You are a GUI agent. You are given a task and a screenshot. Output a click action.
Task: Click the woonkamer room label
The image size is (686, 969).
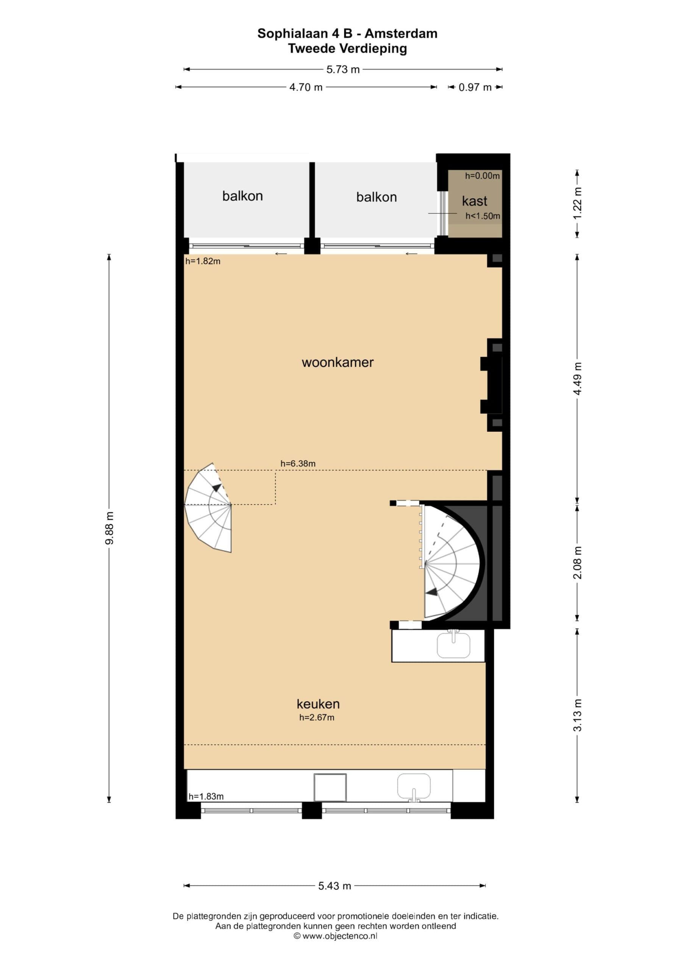coord(338,363)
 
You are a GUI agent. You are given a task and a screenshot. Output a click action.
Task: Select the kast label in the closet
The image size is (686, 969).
coord(474,201)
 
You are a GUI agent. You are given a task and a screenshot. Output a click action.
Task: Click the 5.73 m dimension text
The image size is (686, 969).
coord(343,70)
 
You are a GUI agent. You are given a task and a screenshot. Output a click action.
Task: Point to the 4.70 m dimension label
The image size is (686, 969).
coord(306,87)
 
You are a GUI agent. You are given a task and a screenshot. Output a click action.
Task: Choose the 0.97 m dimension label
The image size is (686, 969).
coord(475,87)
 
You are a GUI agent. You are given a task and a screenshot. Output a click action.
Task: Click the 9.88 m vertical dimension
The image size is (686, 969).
coord(109,528)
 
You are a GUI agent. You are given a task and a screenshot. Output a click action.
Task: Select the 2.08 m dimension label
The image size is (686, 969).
coord(577,562)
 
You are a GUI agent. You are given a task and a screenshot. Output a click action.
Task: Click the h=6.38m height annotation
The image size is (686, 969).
coord(298,463)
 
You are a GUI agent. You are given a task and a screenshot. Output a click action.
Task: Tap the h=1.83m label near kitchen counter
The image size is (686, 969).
coord(206,796)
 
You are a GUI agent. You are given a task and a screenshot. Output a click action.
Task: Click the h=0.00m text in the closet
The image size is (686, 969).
coord(482,176)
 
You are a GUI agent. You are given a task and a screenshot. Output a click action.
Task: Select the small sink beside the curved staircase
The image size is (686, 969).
coord(453,645)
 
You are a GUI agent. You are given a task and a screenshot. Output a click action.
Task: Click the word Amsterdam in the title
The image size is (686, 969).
coord(401,34)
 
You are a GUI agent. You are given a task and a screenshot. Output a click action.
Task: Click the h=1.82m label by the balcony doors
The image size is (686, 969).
coord(203,261)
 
